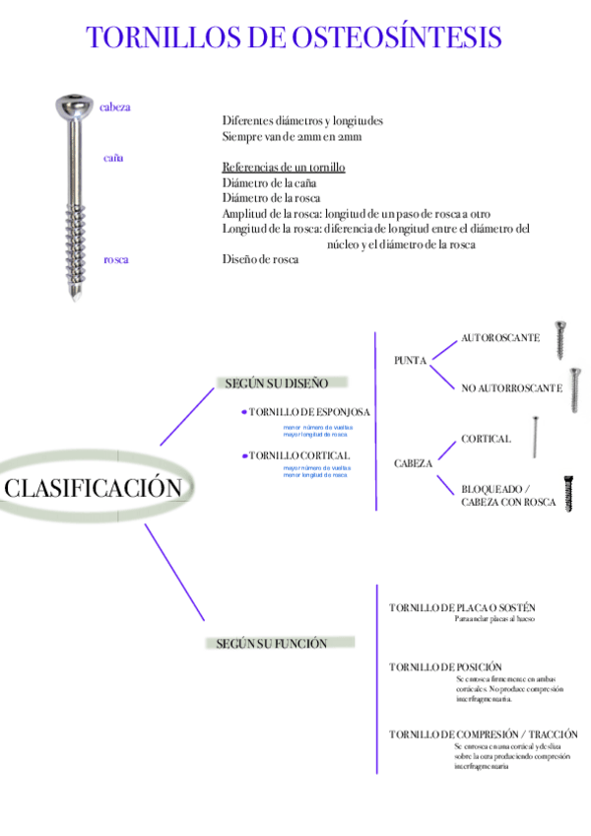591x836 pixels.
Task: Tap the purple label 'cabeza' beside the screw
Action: pos(115,106)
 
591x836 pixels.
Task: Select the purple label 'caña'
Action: pos(113,157)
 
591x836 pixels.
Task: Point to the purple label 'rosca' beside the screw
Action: pos(116,259)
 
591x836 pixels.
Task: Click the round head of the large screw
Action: pos(74,104)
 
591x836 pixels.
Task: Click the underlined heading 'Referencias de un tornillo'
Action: pos(284,168)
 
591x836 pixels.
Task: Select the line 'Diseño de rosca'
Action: pos(260,259)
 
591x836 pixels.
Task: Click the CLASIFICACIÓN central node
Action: pos(94,487)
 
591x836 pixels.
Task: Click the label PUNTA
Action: pos(410,361)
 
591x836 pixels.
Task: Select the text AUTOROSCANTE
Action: pos(500,338)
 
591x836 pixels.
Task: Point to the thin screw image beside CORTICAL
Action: pos(535,438)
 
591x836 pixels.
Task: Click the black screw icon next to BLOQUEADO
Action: pos(568,493)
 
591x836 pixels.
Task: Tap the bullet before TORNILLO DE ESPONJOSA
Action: pos(244,412)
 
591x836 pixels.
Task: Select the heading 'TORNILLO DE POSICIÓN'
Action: pos(445,667)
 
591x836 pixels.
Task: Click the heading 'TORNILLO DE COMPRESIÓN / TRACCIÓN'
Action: pos(484,734)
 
